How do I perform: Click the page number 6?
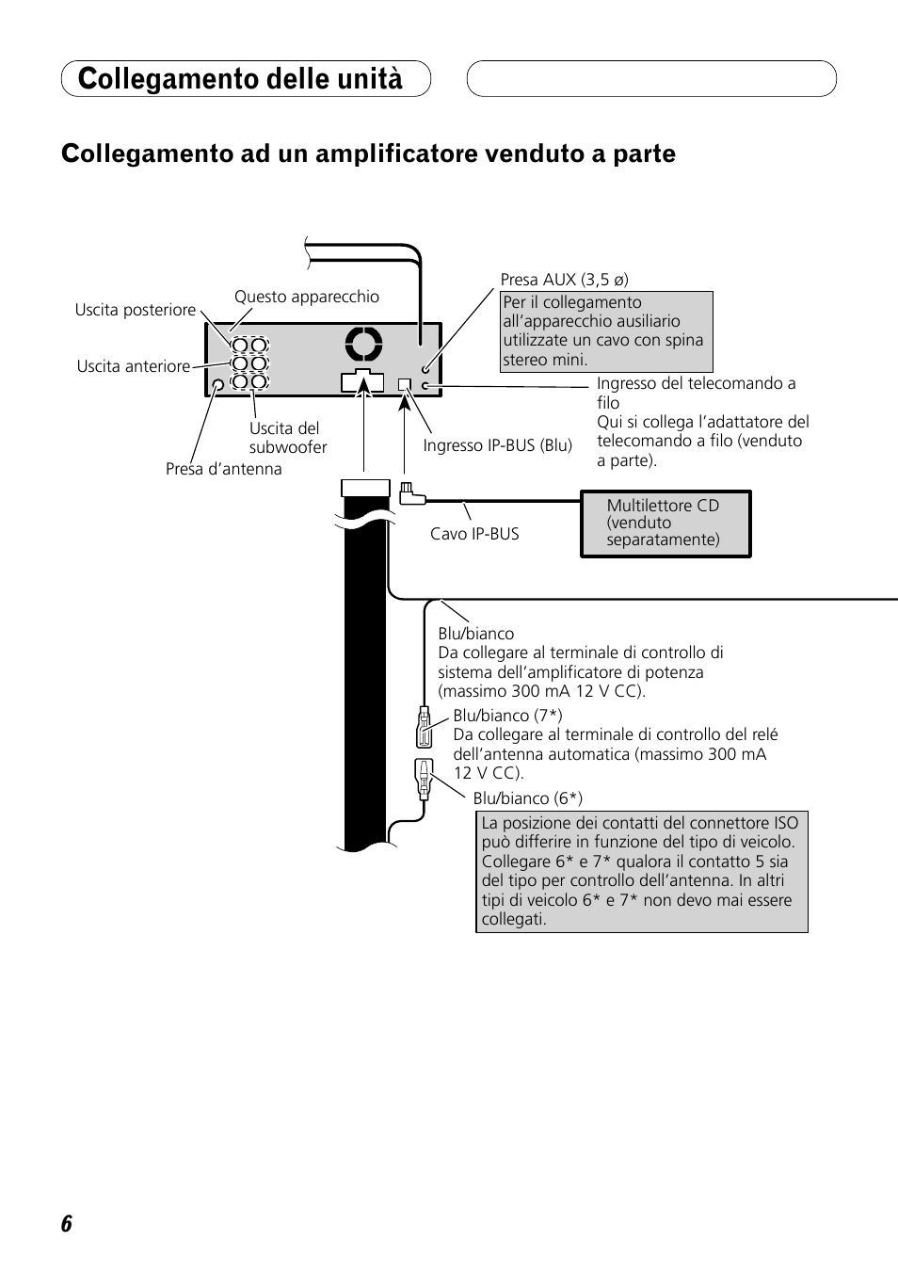click(x=66, y=1224)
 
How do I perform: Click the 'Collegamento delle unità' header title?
click(x=240, y=79)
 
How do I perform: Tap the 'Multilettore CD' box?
click(x=665, y=524)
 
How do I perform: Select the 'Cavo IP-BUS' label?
click(x=474, y=534)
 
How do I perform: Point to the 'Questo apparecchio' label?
click(x=307, y=297)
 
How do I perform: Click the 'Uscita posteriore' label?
click(x=136, y=310)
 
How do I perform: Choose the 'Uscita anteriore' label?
click(x=134, y=366)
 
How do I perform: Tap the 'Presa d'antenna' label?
click(x=224, y=469)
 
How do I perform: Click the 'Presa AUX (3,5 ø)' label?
click(x=565, y=280)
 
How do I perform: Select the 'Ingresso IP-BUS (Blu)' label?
click(x=498, y=445)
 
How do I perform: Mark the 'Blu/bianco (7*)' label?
click(x=508, y=716)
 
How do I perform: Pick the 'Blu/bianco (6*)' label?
click(x=528, y=798)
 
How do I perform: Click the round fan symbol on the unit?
click(x=363, y=345)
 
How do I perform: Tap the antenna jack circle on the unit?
click(x=218, y=384)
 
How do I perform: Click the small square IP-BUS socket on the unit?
click(x=405, y=384)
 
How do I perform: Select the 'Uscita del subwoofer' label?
click(x=288, y=438)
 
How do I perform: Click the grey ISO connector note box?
click(x=642, y=871)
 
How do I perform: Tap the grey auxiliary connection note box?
click(x=606, y=331)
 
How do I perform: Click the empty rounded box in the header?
click(x=651, y=79)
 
